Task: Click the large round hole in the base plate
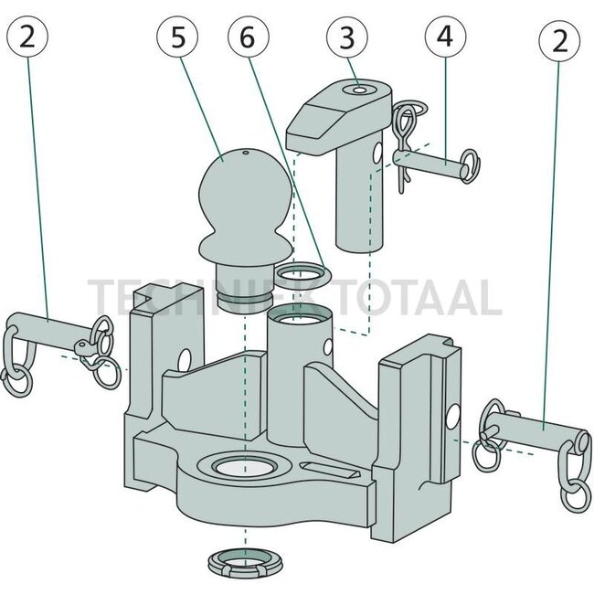click(x=241, y=468)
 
